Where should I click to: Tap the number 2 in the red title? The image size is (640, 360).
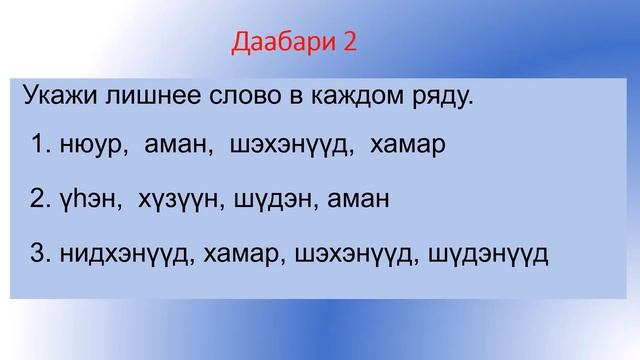pos(349,43)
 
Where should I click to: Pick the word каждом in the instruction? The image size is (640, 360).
pos(357,97)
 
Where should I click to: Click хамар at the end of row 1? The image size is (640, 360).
pos(407,147)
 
